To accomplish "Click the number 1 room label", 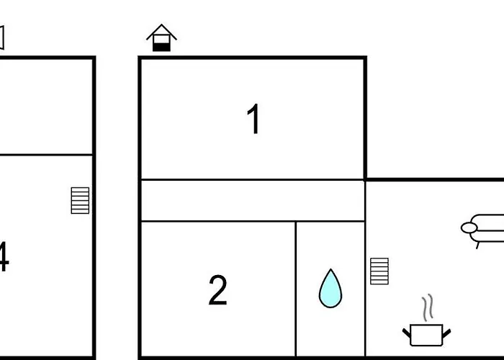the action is tap(253, 119).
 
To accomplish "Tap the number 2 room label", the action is tap(218, 290).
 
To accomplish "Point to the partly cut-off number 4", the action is tap(4, 257).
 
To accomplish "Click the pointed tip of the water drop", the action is tap(330, 269).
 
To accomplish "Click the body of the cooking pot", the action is tap(426, 336).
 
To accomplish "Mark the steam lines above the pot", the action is tap(428, 307).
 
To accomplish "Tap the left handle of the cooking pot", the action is tap(407, 333).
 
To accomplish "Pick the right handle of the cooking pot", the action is tap(447, 333).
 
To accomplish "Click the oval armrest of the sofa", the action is tap(469, 228).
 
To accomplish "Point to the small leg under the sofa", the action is tap(477, 246).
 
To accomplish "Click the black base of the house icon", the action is tap(161, 48).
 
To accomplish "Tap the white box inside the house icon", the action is tap(161, 39).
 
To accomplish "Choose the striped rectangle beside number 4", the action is tap(80, 201).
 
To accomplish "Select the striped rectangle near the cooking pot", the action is tap(379, 271).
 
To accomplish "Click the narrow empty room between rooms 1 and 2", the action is tap(253, 201).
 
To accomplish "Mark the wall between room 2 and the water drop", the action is tap(296, 289).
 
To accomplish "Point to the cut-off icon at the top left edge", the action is tap(1, 37).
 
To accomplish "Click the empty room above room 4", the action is tap(46, 107).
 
